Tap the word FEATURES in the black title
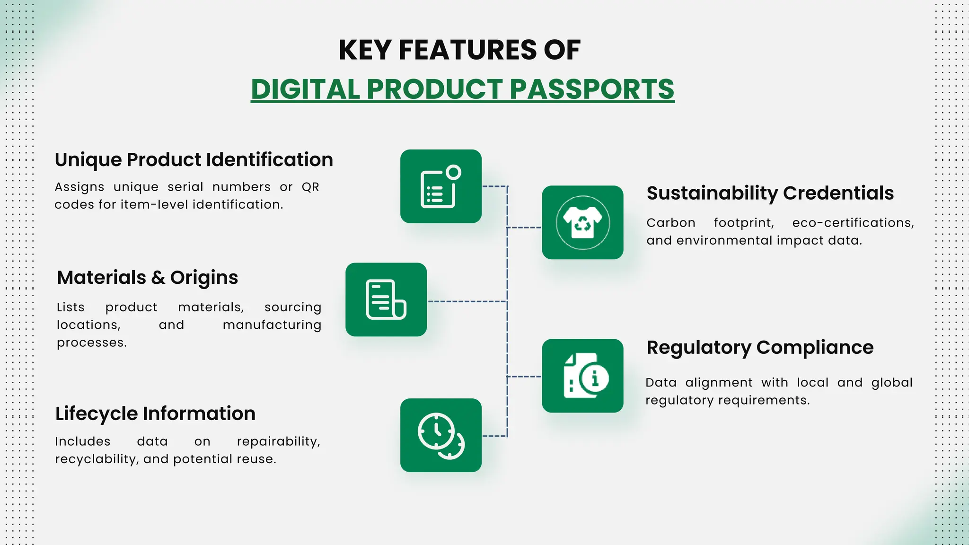[467, 50]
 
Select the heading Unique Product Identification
[194, 160]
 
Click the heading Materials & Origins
[147, 278]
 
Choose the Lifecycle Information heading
[155, 413]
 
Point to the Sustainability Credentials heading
[770, 193]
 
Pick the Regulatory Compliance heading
[759, 347]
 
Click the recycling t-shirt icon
[582, 222]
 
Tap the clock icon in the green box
[440, 435]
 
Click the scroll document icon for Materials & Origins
[386, 299]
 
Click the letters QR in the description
[310, 187]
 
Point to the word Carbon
[670, 223]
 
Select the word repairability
[278, 441]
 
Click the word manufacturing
[272, 325]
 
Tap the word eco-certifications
[853, 223]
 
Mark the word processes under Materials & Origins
[91, 343]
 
